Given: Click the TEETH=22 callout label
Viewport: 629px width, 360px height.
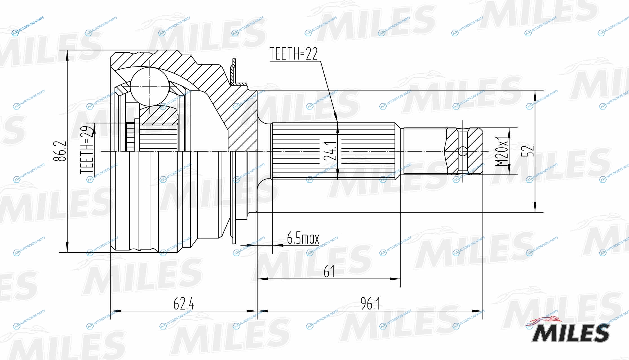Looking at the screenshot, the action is pyautogui.click(x=294, y=54).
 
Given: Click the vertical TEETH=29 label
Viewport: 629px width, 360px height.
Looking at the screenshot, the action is pyautogui.click(x=87, y=150).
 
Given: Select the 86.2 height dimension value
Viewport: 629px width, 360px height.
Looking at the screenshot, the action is pyautogui.click(x=60, y=151).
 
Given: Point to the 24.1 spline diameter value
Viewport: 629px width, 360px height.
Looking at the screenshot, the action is pyautogui.click(x=330, y=151).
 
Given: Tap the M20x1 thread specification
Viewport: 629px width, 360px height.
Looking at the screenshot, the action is pyautogui.click(x=502, y=151).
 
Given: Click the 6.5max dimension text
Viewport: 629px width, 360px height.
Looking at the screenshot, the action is pyautogui.click(x=303, y=238).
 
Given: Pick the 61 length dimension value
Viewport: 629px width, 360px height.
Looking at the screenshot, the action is pyautogui.click(x=329, y=271).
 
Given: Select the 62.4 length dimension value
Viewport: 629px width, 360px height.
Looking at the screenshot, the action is pyautogui.click(x=184, y=304).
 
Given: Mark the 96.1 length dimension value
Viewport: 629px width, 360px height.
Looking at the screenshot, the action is pyautogui.click(x=370, y=304).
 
